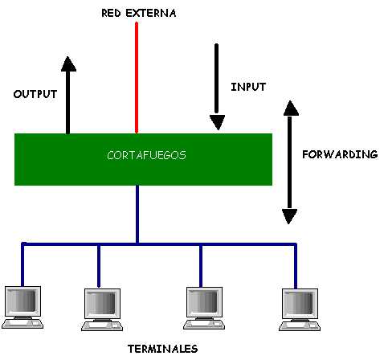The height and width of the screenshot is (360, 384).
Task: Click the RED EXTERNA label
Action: (x=139, y=13)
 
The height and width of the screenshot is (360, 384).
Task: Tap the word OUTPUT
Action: (x=35, y=94)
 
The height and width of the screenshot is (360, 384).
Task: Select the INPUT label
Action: (x=248, y=87)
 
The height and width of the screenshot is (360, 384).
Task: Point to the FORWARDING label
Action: (x=340, y=154)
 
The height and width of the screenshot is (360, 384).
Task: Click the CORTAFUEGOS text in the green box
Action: (x=146, y=155)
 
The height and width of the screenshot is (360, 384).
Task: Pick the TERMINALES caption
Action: (x=163, y=349)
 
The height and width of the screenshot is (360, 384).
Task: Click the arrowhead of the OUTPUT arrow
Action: (x=68, y=64)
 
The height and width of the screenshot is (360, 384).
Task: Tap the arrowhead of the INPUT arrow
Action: (x=217, y=122)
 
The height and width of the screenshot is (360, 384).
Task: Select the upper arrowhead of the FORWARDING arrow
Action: (x=291, y=108)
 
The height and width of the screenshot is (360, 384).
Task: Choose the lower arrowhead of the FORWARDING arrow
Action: (x=289, y=216)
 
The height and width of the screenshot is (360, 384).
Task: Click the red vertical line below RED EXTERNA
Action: (x=137, y=78)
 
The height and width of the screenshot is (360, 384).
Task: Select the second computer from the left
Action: (x=102, y=309)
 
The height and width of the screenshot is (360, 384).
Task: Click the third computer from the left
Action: (x=204, y=308)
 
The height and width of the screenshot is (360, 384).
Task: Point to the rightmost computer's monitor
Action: (x=300, y=303)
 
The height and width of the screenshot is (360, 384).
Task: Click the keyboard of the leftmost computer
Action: (x=22, y=323)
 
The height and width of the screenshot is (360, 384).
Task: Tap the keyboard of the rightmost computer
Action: (x=300, y=325)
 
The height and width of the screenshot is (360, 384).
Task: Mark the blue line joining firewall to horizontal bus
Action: (x=137, y=215)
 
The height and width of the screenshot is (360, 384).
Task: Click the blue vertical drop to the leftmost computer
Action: (x=22, y=264)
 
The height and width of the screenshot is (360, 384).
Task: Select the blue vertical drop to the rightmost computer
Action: (x=296, y=266)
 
